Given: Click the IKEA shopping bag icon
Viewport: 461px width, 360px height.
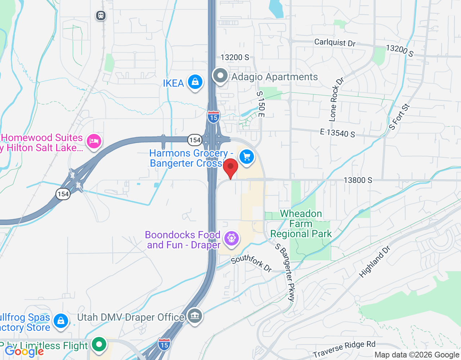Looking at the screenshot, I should (x=195, y=82).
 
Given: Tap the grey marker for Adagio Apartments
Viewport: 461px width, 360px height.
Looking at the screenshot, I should (x=220, y=76).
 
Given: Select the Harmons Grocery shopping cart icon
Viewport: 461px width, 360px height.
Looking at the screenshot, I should (x=247, y=157).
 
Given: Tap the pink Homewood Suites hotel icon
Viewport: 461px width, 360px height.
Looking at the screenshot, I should (x=94, y=141).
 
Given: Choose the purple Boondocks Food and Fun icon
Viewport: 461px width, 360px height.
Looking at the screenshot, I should (x=231, y=238).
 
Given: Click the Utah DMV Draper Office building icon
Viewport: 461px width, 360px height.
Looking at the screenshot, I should (x=195, y=316).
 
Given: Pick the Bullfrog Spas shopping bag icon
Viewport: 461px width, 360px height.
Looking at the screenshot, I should (x=61, y=320).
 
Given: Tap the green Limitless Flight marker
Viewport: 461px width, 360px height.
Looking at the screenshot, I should (x=99, y=344).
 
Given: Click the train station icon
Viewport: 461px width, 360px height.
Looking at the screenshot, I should (x=101, y=15).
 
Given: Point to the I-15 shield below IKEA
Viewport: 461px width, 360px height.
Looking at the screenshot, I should (x=214, y=117).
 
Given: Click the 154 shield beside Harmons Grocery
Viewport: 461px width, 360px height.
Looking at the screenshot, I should (x=194, y=140).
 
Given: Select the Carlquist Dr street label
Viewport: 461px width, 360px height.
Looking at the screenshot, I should (x=335, y=43).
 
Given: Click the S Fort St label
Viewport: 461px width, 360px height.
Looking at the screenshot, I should (x=399, y=117).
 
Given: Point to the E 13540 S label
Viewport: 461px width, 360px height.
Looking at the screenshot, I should (x=337, y=133).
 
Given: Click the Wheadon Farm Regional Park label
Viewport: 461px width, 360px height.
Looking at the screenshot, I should (x=301, y=224).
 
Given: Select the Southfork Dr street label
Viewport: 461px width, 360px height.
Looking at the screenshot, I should (x=251, y=263).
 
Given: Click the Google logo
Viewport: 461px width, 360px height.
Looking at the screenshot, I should (x=24, y=351).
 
